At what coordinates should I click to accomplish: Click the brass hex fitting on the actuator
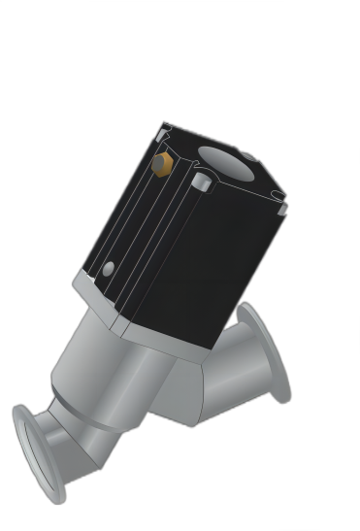pos(163,164)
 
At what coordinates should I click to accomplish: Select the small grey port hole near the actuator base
pos(109,268)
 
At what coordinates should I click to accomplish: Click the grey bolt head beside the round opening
pos(201,182)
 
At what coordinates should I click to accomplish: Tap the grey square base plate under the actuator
pos(146,320)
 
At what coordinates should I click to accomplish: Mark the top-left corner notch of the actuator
pos(163,131)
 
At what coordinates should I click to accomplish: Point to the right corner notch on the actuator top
pos(282,206)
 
